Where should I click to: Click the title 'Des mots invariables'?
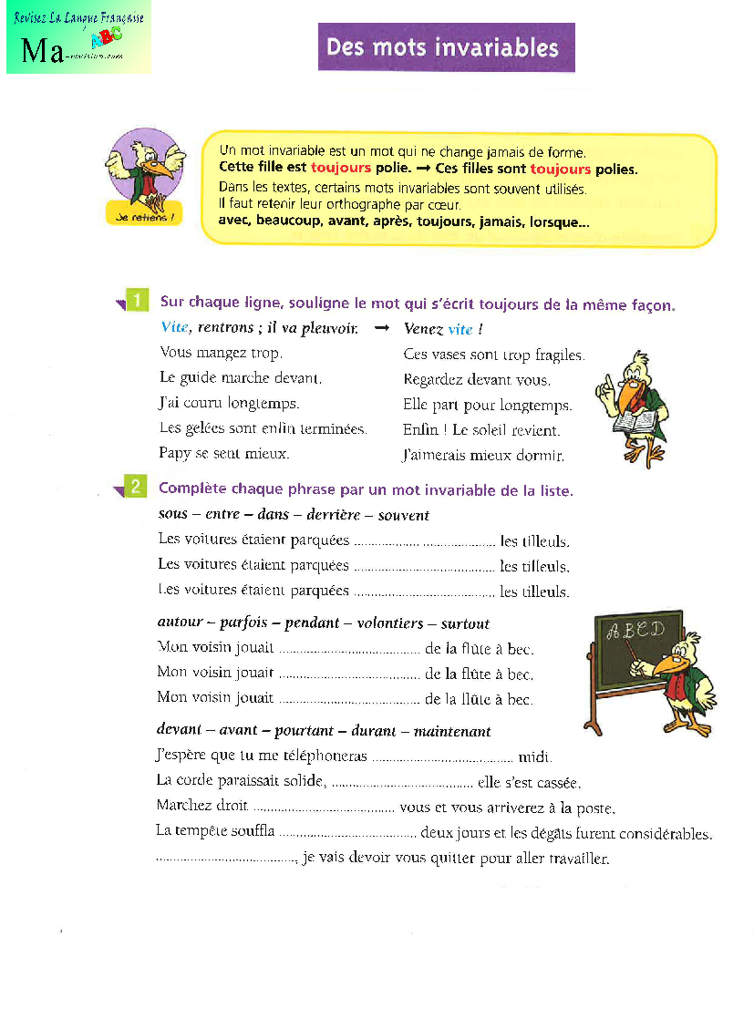coord(446,46)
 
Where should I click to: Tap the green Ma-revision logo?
coord(78,38)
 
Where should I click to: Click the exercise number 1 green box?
coord(136,301)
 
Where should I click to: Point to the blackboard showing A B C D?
coord(637,649)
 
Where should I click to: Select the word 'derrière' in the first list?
coord(331,515)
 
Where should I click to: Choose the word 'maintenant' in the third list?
coord(452,731)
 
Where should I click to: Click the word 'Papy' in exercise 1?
coord(174,453)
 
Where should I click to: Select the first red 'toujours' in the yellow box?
coord(341,169)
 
